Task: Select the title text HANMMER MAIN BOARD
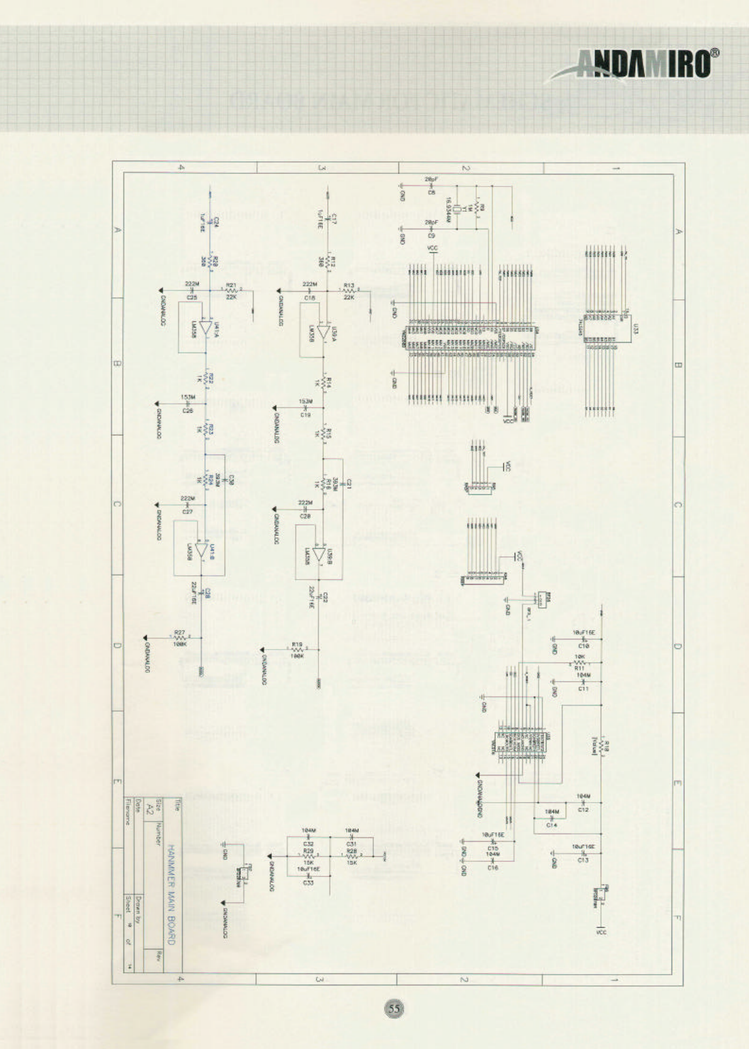pos(171,895)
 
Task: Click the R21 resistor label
pos(231,285)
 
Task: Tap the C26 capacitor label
pos(188,411)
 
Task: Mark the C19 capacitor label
pos(305,415)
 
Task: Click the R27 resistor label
pos(179,632)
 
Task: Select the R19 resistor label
pos(297,645)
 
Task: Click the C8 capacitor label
pos(431,192)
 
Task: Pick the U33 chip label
pos(636,328)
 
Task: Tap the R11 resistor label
pos(579,668)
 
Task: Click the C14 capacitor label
pos(551,824)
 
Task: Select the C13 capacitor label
pos(583,859)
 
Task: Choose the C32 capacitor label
pos(308,844)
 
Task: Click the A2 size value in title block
pos(150,807)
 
